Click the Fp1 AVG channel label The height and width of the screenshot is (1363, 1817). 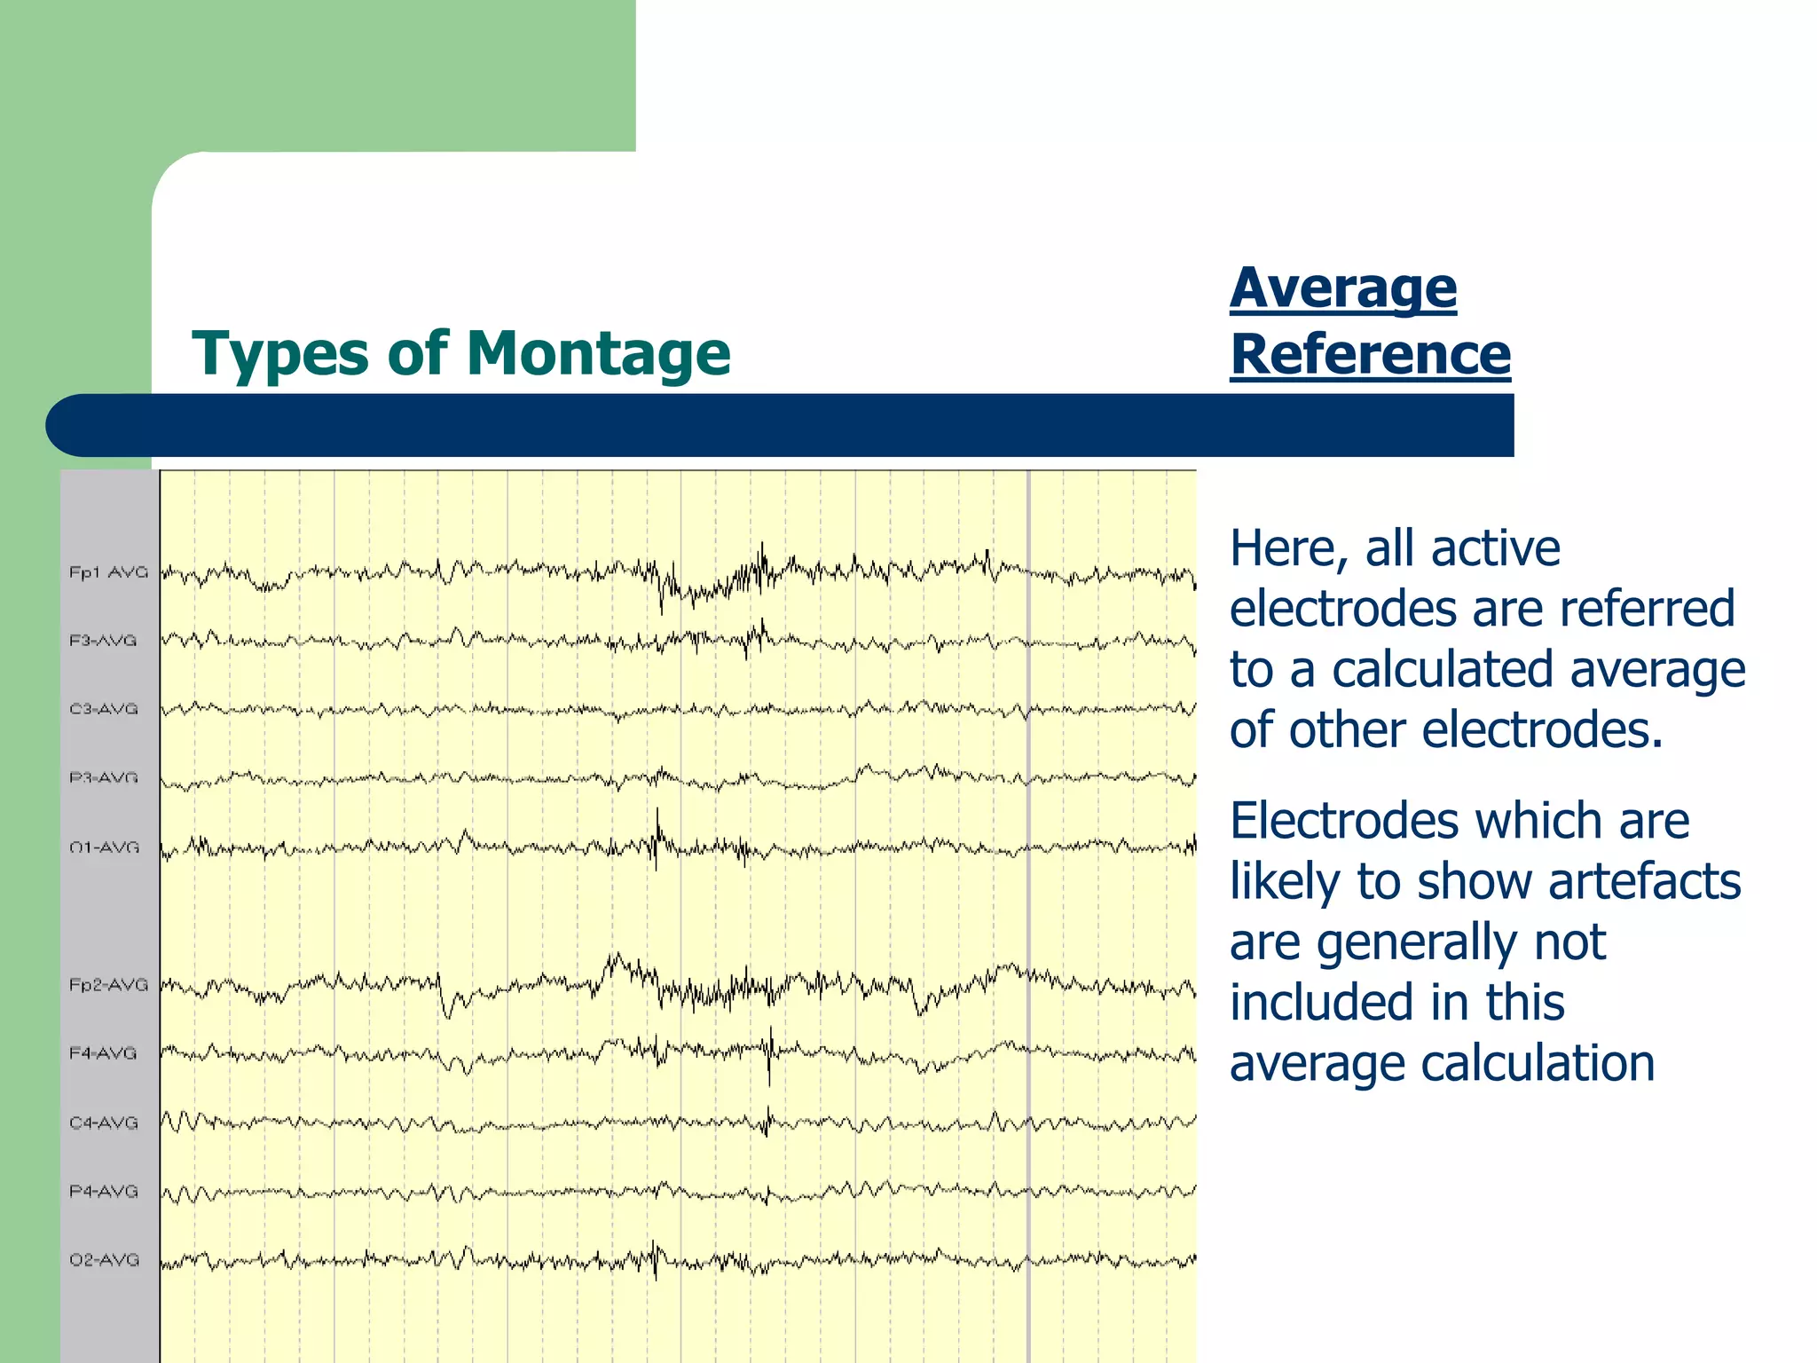(108, 572)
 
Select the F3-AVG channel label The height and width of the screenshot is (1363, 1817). (104, 641)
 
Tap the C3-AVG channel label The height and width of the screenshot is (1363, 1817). (104, 709)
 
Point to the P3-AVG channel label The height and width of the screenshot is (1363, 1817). (104, 778)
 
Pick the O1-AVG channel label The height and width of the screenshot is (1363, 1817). (104, 847)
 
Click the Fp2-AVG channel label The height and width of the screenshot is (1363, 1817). (108, 985)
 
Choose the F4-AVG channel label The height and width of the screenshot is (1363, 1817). (104, 1053)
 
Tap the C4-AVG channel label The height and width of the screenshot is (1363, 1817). (104, 1123)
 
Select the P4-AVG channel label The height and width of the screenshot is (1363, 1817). (104, 1191)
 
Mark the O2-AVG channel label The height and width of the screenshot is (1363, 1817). (104, 1260)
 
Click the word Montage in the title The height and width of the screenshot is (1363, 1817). (598, 354)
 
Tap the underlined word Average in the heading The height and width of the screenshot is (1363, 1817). (1342, 289)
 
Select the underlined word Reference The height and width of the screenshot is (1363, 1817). (1370, 355)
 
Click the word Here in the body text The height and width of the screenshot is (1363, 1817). (1285, 548)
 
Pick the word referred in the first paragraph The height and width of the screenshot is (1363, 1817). (1647, 609)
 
